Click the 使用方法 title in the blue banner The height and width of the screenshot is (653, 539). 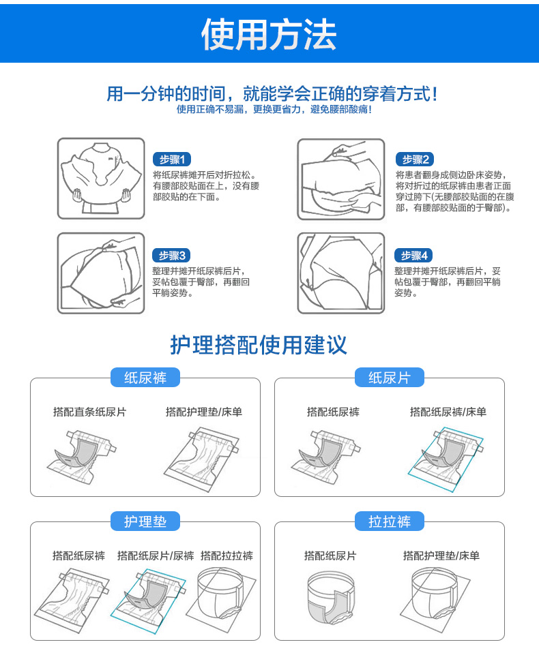click(269, 35)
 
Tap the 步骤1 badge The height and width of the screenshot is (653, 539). click(172, 159)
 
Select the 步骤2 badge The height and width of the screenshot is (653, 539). click(415, 159)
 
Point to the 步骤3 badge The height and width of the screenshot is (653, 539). click(172, 256)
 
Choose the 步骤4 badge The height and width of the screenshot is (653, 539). click(413, 256)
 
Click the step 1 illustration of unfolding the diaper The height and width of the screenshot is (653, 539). click(101, 179)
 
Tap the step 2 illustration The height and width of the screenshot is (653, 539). click(341, 179)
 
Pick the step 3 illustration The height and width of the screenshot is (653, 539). click(101, 273)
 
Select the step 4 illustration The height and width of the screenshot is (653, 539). click(341, 273)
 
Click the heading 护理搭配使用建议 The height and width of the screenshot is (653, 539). click(259, 345)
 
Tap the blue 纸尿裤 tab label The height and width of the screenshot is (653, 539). click(145, 378)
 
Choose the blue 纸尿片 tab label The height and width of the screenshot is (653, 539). click(390, 378)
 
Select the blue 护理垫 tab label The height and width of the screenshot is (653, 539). click(145, 521)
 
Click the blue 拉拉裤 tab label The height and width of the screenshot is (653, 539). click(390, 521)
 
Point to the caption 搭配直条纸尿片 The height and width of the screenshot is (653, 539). click(89, 412)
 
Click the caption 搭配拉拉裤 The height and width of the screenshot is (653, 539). click(227, 556)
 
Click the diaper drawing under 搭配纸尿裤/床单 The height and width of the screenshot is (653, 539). click(446, 458)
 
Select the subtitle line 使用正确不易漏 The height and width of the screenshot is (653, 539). click(274, 110)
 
